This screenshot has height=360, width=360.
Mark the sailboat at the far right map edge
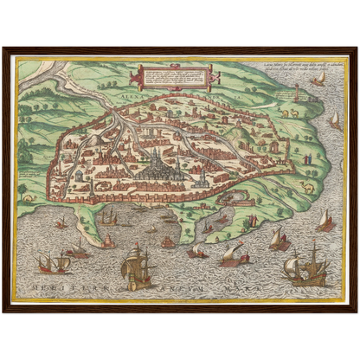(334, 118)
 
